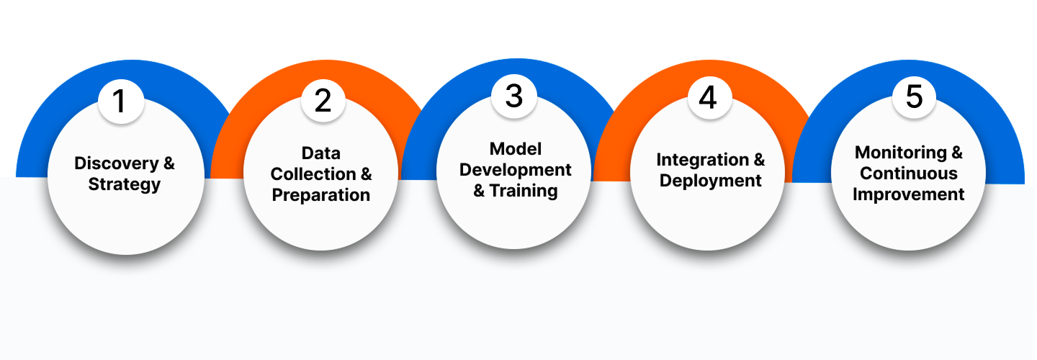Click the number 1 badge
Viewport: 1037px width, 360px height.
(x=121, y=102)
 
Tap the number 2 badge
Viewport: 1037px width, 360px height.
(x=323, y=100)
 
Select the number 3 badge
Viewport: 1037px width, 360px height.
(x=514, y=96)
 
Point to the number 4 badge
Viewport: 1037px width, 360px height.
(x=710, y=98)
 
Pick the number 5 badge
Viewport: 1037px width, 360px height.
(x=914, y=96)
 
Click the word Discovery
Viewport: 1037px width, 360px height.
(x=116, y=163)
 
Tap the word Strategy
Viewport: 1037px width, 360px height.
(x=124, y=184)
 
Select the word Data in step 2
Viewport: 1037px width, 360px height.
(x=321, y=153)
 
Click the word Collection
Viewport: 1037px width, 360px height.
(x=313, y=174)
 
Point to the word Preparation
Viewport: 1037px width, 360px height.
(x=321, y=195)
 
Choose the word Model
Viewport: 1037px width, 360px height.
(x=516, y=149)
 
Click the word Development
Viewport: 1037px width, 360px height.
(x=516, y=170)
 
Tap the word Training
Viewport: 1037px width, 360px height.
(x=523, y=191)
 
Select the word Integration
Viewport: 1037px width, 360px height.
(x=702, y=160)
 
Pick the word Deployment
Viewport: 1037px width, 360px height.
(x=710, y=181)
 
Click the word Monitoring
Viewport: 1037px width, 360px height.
(x=900, y=153)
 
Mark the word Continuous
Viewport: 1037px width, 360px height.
(x=908, y=174)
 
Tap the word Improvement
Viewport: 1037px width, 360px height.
(x=908, y=195)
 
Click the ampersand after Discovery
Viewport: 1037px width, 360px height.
(x=169, y=163)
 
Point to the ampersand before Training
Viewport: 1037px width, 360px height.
(x=479, y=191)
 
